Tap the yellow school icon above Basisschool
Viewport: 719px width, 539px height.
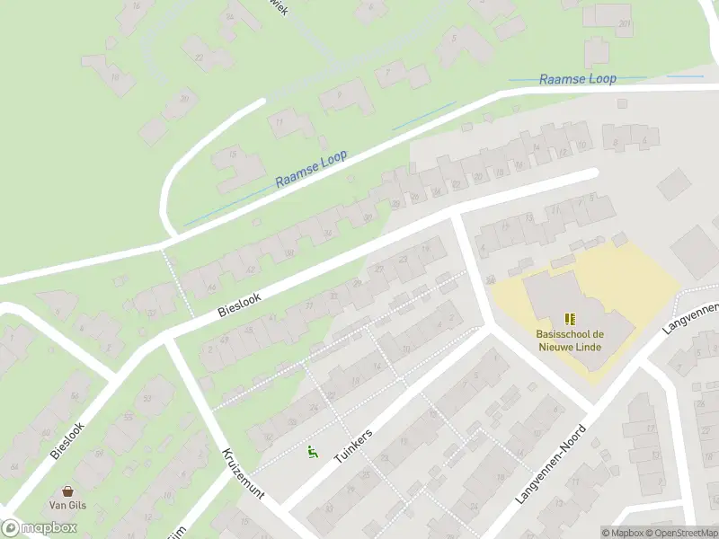[568, 319]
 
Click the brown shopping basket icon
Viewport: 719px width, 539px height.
[67, 491]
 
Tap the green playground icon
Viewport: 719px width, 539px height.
[313, 452]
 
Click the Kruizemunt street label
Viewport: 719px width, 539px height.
[242, 474]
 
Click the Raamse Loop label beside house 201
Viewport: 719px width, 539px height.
[577, 79]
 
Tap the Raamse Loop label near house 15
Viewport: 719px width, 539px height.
[311, 170]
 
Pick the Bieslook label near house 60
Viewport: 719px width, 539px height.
[67, 441]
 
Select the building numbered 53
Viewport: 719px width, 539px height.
[145, 400]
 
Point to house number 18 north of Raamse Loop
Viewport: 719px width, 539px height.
[114, 78]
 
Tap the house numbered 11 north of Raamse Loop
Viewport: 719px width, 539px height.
[280, 121]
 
